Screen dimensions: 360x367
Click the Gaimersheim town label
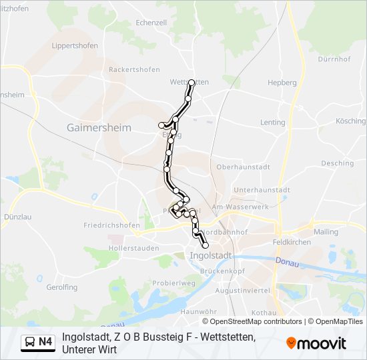click(x=99, y=127)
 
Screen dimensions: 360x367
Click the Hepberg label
click(x=282, y=83)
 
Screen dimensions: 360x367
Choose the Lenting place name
click(x=272, y=123)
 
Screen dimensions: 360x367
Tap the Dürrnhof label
click(x=334, y=59)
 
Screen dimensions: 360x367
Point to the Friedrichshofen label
click(x=112, y=225)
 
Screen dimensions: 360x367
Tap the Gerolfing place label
click(x=63, y=287)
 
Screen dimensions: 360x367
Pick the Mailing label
click(x=326, y=231)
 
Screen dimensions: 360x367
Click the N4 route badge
click(x=38, y=343)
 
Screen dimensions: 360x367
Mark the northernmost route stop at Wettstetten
click(x=192, y=83)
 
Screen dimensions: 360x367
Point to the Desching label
click(x=337, y=163)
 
